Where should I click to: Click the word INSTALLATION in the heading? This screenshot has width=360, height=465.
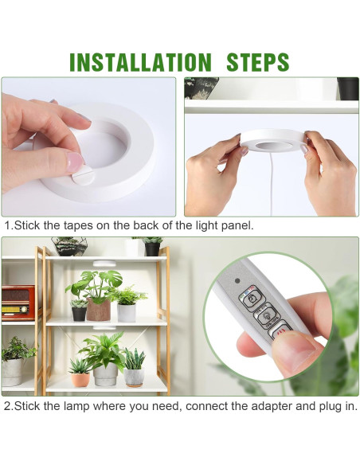coord(140,62)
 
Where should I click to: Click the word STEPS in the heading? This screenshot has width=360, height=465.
coord(258,62)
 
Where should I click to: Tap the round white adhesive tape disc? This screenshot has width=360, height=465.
coord(83,175)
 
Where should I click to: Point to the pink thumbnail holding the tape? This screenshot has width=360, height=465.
coord(76,162)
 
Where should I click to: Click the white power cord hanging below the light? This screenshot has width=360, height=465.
coord(272,182)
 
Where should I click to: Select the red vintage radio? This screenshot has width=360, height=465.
coord(18,303)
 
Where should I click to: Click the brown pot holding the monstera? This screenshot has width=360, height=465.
coord(99,310)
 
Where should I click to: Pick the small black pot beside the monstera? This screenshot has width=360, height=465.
coord(79,314)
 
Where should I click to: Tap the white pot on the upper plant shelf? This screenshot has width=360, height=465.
coord(127,313)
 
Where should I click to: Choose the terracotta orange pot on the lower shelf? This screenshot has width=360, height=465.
coord(80,380)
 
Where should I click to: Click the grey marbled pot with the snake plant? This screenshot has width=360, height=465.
coord(134,377)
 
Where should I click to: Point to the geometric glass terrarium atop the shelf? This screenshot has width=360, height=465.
coord(70,246)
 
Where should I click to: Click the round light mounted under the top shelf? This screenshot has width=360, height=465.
coord(104,264)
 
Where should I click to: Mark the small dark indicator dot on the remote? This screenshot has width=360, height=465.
coord(237,280)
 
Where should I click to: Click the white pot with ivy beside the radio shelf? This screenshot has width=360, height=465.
coord(12,372)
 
